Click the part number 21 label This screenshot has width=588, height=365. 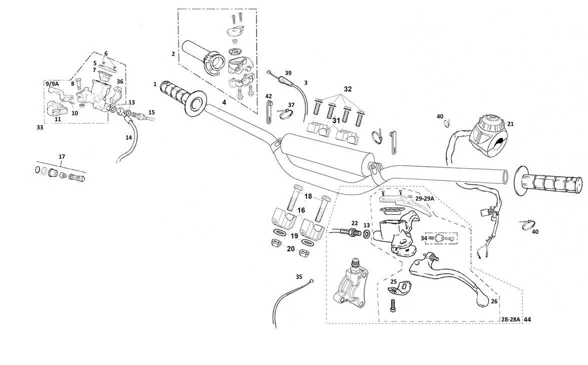[510, 124]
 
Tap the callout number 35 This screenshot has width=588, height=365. [299, 276]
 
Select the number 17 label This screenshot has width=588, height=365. [62, 157]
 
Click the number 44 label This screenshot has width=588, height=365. [527, 319]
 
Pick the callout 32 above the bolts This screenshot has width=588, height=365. [347, 89]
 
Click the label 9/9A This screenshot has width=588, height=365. [51, 84]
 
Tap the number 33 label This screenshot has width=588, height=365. [39, 128]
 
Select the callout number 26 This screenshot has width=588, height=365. [494, 301]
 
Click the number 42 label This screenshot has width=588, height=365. [268, 96]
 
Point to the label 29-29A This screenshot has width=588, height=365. [424, 199]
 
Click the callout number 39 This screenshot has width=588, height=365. [288, 73]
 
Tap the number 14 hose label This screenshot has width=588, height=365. [129, 137]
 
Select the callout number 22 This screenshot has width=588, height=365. [354, 223]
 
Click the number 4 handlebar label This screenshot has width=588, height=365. [223, 102]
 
